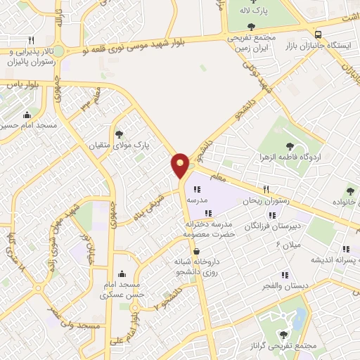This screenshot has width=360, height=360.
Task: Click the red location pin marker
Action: [181, 165]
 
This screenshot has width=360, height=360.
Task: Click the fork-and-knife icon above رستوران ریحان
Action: [266, 189]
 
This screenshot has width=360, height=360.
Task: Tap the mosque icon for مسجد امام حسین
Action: [27, 115]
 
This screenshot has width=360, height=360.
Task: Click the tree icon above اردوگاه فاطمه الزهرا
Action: [290, 146]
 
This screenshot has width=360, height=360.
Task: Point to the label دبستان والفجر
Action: [285, 286]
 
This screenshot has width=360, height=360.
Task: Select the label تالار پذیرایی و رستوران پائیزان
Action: [31, 56]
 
